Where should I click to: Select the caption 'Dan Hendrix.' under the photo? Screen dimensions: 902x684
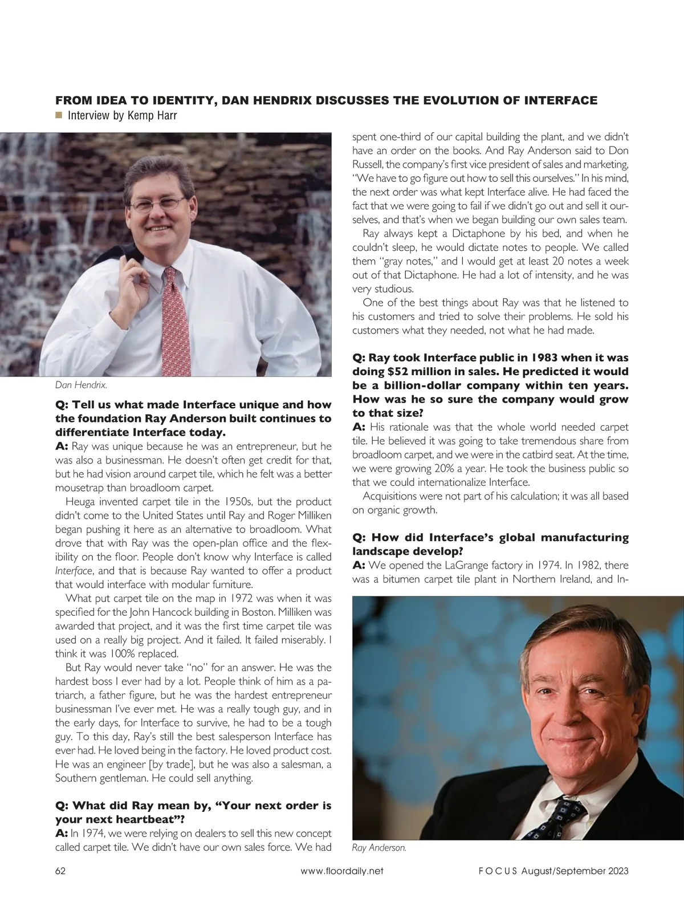coord(81,385)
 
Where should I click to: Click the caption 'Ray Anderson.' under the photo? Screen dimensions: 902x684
coord(379,848)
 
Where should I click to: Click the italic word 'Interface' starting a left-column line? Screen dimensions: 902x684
coord(74,571)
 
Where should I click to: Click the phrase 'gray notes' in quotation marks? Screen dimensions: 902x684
coord(406,261)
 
